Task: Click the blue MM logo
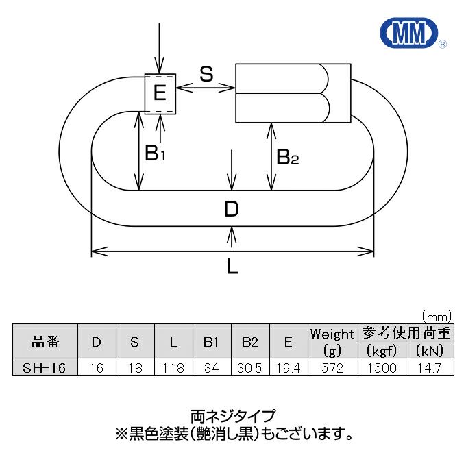(x=409, y=32)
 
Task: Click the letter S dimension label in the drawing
(x=206, y=74)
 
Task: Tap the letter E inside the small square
(x=160, y=93)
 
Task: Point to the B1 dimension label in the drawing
(x=155, y=153)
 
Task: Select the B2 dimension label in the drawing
(x=287, y=157)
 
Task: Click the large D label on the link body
(x=231, y=209)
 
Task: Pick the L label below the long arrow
(x=232, y=266)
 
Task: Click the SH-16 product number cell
(x=45, y=368)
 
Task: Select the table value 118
(x=173, y=368)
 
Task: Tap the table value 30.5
(x=249, y=368)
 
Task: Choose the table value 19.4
(x=289, y=368)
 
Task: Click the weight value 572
(x=332, y=368)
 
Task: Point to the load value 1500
(x=382, y=368)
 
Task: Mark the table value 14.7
(x=429, y=368)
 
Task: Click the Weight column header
(x=332, y=334)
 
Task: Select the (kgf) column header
(x=382, y=351)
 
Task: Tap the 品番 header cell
(x=45, y=342)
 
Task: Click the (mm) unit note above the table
(x=437, y=317)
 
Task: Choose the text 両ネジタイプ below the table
(x=233, y=417)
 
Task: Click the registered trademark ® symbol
(x=443, y=45)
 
